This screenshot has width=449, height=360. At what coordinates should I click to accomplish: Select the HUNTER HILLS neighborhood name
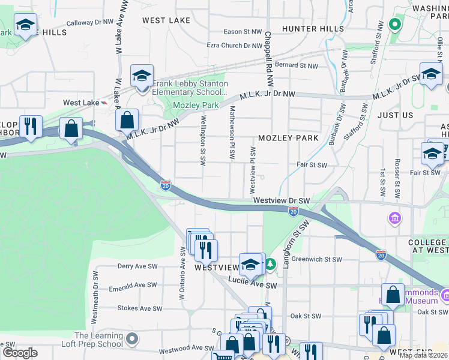(x=313, y=28)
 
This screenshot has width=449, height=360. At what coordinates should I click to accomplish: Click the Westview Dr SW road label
(x=281, y=200)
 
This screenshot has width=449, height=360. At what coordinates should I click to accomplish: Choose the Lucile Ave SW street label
(x=252, y=286)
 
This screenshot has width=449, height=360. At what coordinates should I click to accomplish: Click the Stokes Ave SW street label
(x=140, y=309)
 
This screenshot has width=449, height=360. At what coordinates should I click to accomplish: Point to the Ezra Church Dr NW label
(x=233, y=45)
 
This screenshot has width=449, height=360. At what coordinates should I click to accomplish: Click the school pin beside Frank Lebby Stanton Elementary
(x=142, y=77)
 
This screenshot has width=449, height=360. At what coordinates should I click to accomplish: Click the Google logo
(x=20, y=353)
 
